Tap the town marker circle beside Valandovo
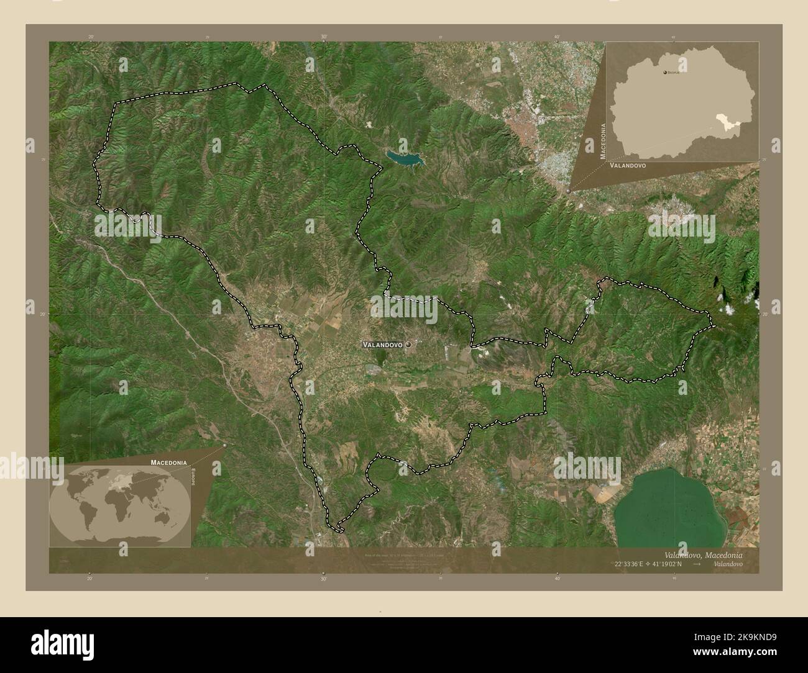click(408, 343)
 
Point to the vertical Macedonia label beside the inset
click(602, 141)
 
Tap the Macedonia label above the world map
click(168, 463)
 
